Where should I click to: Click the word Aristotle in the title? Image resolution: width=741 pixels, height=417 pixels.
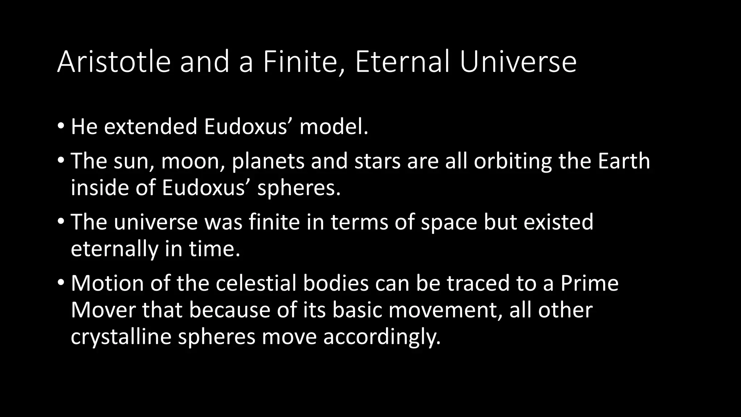114,62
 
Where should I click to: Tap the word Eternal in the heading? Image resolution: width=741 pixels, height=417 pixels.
403,62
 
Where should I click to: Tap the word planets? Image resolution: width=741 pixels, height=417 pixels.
268,161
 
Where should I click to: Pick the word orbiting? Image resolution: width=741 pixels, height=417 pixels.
513,161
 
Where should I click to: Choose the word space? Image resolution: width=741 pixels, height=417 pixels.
449,222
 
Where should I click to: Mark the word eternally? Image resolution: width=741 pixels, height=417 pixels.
115,249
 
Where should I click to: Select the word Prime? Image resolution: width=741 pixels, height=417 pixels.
589,283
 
